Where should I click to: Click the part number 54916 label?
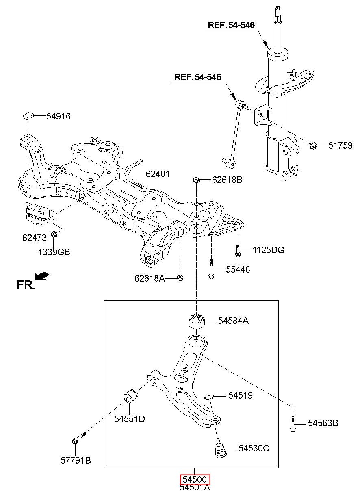click(59, 116)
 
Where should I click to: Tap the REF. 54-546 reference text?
click(231, 25)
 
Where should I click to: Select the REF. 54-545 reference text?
click(198, 77)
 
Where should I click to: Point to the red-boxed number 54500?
click(195, 479)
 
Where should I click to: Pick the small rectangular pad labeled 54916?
click(28, 115)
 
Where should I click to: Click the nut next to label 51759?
click(313, 145)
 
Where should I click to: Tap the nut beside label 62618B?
click(196, 180)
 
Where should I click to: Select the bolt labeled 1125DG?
click(238, 251)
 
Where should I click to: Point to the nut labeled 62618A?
click(180, 278)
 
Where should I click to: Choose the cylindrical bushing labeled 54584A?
click(197, 321)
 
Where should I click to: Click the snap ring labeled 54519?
click(209, 397)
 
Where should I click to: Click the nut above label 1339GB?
click(54, 234)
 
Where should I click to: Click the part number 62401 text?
click(158, 174)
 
